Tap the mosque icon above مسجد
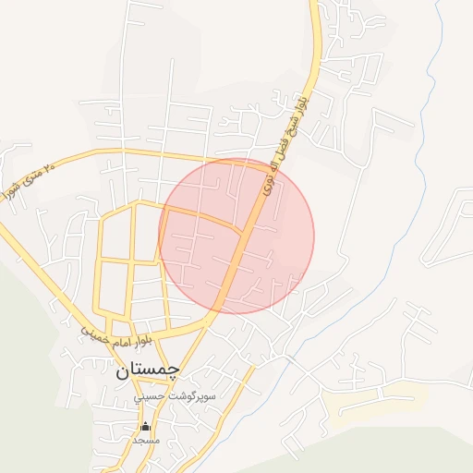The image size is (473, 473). point(145,427)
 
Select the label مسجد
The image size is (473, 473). point(146,441)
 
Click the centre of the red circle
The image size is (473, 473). point(236,236)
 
